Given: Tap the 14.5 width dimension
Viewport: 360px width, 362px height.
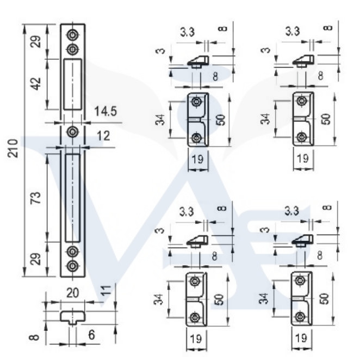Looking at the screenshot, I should (105, 113).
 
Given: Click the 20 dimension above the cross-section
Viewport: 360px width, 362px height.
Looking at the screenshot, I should (72, 293).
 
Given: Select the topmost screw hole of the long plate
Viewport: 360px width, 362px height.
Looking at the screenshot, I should (72, 35).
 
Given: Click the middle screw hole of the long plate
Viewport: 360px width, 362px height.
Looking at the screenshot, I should (72, 131).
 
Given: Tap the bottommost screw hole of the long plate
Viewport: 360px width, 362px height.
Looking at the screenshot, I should (72, 266).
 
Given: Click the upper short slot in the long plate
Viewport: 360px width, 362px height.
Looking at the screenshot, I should (72, 83).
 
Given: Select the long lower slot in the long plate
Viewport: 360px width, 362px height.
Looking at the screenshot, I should (72, 198).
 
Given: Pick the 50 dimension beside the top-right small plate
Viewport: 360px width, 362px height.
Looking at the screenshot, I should (326, 119).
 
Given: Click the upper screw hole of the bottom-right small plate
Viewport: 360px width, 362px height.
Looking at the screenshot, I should (300, 280).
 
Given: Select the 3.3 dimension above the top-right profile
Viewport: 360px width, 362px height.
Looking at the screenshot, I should (293, 32).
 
